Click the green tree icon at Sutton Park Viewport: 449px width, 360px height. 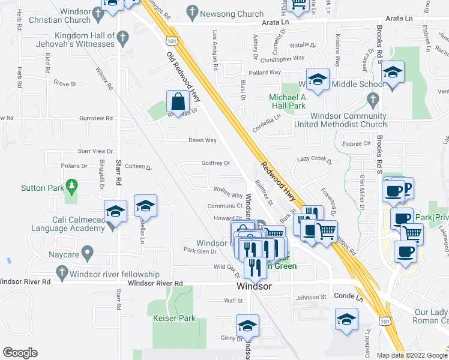coord(72,185)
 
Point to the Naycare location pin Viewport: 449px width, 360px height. coord(88,252)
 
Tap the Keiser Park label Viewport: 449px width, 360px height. coord(175,318)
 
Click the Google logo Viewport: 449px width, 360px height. coord(20,353)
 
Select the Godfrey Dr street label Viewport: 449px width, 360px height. coord(215,163)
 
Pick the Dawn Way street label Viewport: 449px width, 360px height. coord(202,140)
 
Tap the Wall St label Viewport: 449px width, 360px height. coord(232,301)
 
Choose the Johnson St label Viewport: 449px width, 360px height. coord(310,297)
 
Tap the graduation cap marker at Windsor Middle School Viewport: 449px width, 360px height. coord(317,80)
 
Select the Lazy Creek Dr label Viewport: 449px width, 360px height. coord(315,161)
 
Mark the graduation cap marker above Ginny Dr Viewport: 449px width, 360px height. coord(247,326)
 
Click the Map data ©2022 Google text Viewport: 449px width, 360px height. coord(411,355)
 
